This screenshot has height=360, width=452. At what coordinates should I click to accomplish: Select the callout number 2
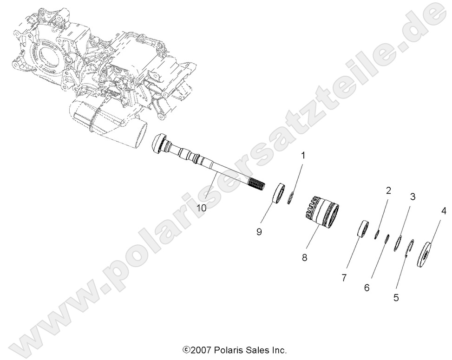(388, 190)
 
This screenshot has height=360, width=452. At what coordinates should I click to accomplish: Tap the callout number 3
(412, 196)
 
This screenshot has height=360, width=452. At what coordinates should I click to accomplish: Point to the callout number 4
(444, 213)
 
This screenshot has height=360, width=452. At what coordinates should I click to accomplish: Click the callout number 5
(396, 298)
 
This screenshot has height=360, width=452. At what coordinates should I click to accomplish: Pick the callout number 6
(367, 288)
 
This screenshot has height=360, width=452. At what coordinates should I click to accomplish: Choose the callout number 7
(344, 278)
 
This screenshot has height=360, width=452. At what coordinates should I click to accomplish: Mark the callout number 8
(305, 257)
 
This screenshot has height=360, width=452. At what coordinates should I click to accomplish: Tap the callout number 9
(260, 230)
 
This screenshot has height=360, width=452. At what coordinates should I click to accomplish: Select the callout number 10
(201, 208)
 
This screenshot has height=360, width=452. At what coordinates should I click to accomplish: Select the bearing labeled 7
(362, 229)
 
